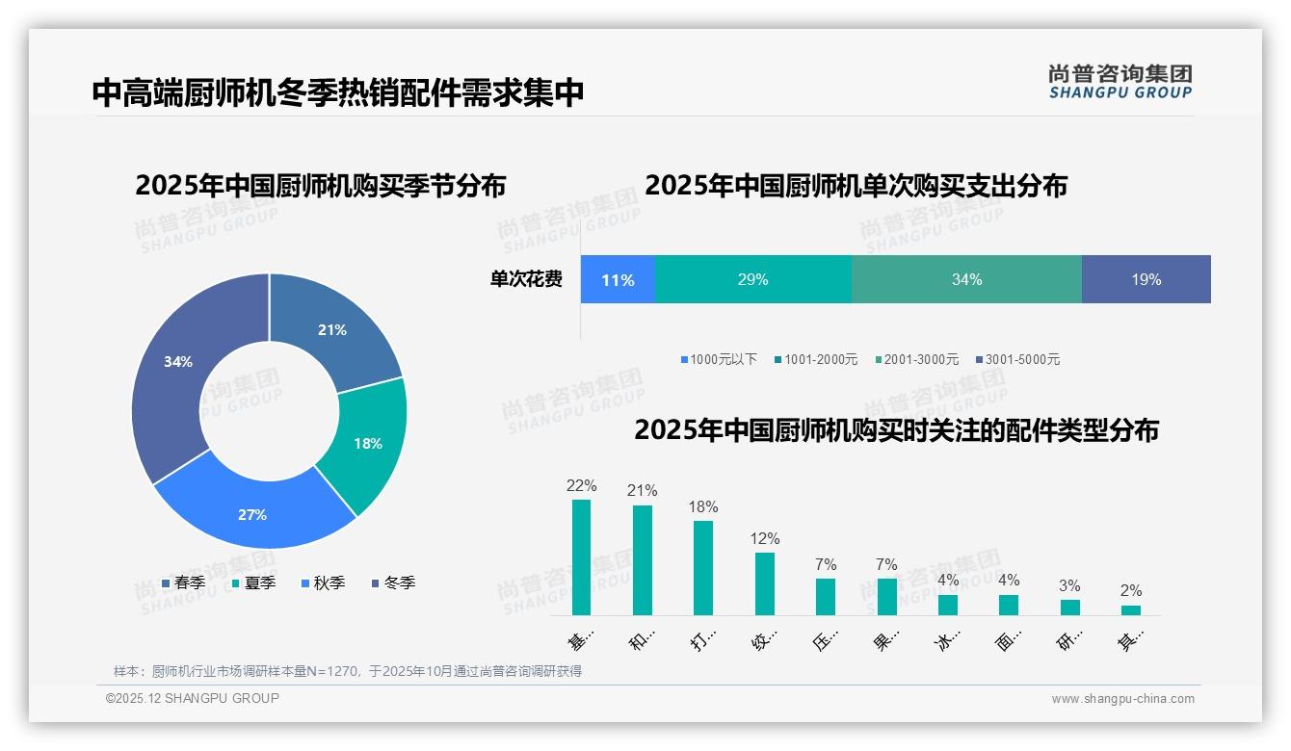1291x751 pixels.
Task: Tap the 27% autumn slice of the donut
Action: (252, 514)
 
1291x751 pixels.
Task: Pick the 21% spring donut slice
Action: (332, 330)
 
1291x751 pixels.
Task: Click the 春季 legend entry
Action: (182, 583)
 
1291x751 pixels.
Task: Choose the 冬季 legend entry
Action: (392, 583)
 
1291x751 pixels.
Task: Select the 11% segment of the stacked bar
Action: (618, 279)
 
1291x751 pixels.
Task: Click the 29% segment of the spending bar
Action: (752, 279)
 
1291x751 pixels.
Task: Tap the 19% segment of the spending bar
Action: (1146, 279)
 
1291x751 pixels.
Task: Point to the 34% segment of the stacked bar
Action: (966, 279)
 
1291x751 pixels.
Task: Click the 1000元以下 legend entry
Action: (719, 359)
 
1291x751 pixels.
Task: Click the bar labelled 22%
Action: (581, 557)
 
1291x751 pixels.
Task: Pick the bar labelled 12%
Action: (765, 583)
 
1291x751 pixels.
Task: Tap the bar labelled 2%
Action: (1130, 609)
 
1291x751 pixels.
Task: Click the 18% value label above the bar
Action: (703, 506)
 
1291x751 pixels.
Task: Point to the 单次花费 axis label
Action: (526, 279)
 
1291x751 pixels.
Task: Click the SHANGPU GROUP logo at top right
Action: (1120, 82)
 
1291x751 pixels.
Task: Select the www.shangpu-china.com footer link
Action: (1122, 698)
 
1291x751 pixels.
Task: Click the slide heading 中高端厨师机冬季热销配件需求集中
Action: (337, 92)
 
